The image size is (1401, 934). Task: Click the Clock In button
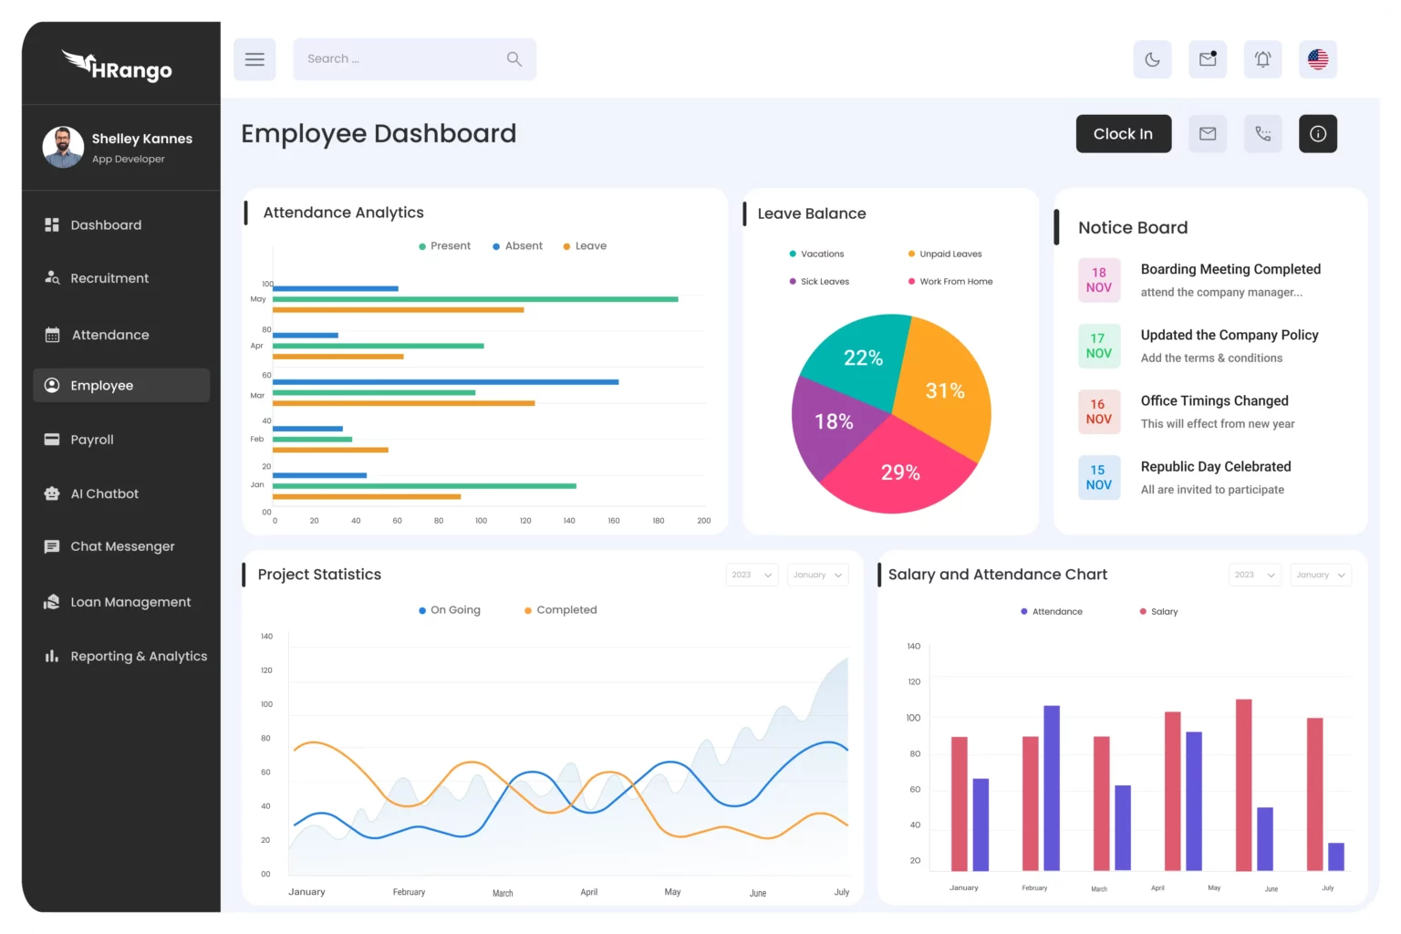1123,134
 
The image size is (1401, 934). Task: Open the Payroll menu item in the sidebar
92,440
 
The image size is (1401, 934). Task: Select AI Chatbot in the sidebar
104,493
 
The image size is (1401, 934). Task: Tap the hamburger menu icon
254,59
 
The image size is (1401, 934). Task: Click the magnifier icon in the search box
514,59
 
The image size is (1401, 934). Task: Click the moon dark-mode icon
1152,59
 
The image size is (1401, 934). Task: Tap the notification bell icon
1262,59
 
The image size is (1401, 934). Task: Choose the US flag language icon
1317,59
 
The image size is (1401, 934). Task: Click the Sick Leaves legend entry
824,282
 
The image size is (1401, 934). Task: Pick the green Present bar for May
474,299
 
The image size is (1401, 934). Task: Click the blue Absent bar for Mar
445,382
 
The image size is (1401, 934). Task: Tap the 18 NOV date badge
1098,280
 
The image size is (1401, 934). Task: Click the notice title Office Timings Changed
1214,401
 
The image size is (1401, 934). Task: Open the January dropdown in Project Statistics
817,575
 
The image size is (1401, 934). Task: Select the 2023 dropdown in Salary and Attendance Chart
1254,575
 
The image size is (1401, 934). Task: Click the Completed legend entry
566,610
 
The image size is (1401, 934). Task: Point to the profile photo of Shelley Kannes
63,147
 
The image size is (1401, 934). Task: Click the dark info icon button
1317,134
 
